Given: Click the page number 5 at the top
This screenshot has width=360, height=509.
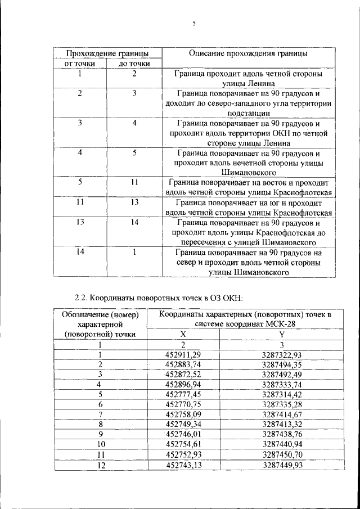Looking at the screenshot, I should (x=193, y=24).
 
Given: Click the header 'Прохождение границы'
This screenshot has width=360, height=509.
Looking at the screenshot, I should (x=107, y=53).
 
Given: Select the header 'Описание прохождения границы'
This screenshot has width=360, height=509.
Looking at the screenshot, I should (x=248, y=53).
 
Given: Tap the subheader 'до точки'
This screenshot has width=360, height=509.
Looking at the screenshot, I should (x=134, y=64).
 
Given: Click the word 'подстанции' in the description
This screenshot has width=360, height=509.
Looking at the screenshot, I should (x=248, y=113).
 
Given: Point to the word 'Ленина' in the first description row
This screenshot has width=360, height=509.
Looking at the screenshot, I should (x=248, y=83).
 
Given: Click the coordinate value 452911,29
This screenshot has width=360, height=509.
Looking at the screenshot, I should (x=183, y=354).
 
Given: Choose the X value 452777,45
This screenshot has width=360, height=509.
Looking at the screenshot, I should (x=183, y=394).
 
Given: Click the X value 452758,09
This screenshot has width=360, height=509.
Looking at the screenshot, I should (x=183, y=415).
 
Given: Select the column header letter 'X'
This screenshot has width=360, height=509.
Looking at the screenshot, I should (x=183, y=334).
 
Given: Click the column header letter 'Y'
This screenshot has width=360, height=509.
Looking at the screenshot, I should (x=282, y=334).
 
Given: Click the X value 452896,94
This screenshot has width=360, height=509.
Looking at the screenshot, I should (x=183, y=384).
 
